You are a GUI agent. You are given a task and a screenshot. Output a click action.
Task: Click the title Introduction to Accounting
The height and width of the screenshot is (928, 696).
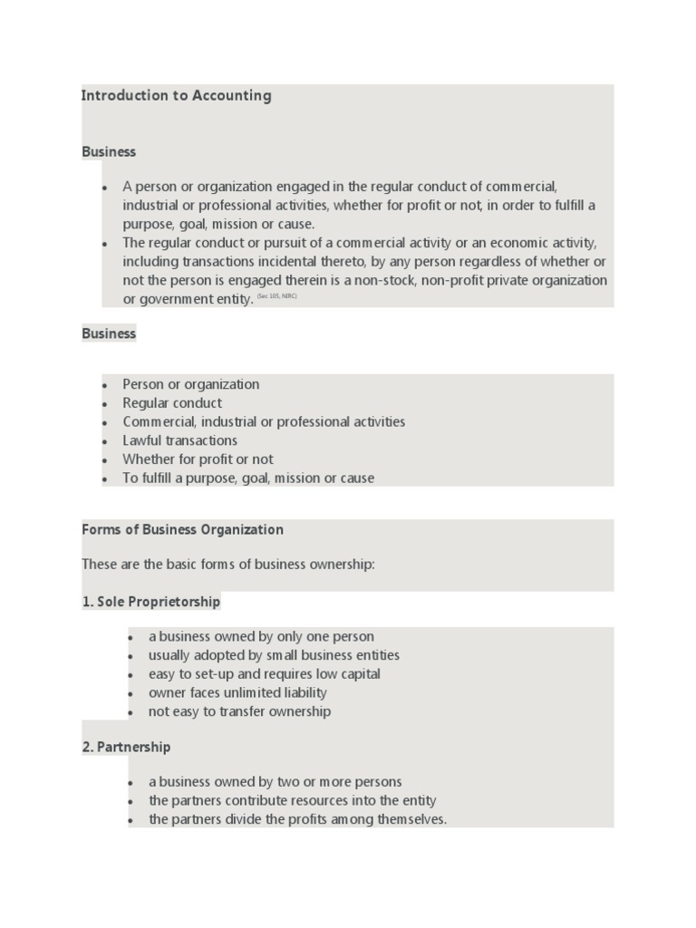coord(176,95)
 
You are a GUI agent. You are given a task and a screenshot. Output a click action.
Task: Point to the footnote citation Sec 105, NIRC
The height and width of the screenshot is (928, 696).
coord(276,296)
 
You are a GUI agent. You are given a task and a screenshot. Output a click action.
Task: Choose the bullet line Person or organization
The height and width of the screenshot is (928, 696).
coord(190,384)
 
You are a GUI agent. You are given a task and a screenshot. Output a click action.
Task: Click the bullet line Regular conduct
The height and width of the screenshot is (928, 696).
coord(172,403)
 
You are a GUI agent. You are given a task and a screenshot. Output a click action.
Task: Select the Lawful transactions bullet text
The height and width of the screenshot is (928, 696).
coord(179,440)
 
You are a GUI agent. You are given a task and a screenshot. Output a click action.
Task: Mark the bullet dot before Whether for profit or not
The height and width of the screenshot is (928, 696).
coord(105,460)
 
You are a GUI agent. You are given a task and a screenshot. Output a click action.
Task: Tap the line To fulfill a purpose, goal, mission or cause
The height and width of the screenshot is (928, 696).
coord(247,478)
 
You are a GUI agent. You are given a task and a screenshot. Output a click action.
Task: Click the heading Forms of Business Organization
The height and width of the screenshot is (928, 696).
coord(182,530)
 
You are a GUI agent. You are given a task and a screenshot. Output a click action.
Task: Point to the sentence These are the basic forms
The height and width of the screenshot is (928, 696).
coord(227,565)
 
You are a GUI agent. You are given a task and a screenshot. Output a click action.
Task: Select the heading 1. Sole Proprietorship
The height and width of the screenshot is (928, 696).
coord(150,602)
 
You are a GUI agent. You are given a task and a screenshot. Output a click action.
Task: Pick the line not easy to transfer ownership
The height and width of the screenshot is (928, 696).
coord(239,711)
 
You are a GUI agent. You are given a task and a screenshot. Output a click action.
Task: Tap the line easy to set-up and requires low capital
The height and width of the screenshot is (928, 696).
coord(264,674)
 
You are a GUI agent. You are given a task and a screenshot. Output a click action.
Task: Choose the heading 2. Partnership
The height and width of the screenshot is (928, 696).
coord(126,748)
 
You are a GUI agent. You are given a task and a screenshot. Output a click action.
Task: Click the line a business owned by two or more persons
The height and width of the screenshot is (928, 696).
coord(275,782)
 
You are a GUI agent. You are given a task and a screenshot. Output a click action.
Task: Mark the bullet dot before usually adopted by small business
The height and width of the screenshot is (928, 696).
coord(131,656)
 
